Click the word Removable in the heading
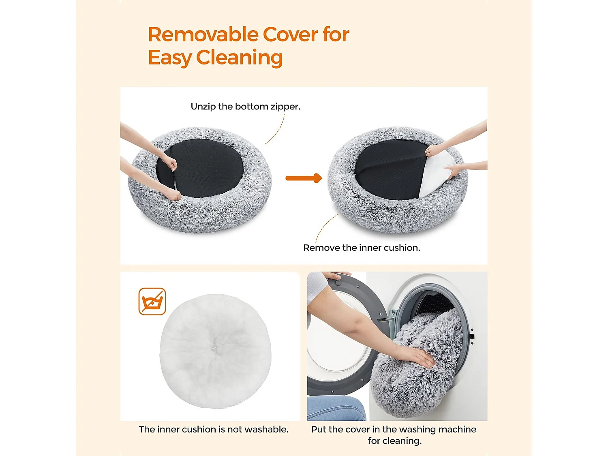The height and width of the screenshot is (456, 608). [x=203, y=34]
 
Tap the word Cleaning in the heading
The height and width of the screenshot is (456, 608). [x=239, y=58]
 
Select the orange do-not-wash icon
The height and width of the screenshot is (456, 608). [x=152, y=301]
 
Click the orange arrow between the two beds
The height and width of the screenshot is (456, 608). [x=304, y=178]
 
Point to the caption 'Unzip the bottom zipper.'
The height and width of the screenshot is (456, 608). [x=245, y=107]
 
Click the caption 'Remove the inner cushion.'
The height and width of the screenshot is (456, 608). [x=362, y=248]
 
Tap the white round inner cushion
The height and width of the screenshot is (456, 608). [x=215, y=351]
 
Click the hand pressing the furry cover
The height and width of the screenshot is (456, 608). [x=419, y=357]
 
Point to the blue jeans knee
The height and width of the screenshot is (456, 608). [x=336, y=409]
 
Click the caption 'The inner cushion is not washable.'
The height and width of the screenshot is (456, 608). [x=214, y=429]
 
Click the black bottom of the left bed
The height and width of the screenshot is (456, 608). [x=200, y=168]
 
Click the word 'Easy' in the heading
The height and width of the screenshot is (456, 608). [x=169, y=58]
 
